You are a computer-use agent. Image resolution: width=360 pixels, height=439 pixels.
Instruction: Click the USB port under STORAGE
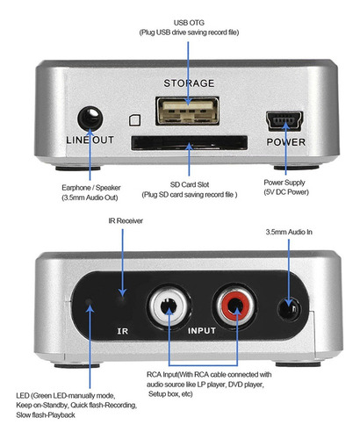(187, 111)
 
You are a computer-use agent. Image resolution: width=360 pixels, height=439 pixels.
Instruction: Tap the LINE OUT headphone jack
(90, 119)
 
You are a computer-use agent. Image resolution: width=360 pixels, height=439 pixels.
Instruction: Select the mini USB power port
(284, 120)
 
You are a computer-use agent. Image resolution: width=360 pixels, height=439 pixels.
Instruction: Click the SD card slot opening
(190, 143)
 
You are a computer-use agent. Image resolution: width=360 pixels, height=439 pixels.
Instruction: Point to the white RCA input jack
(169, 306)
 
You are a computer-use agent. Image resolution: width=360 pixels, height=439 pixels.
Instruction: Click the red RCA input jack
(235, 306)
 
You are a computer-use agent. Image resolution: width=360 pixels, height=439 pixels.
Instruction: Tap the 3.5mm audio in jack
(289, 309)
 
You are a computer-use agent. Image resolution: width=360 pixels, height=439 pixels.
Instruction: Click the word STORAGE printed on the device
(189, 83)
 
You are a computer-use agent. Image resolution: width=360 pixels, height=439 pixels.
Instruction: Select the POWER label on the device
(286, 142)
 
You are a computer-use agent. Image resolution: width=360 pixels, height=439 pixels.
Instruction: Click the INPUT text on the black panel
(202, 331)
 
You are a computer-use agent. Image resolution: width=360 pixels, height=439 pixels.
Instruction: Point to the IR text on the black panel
(123, 331)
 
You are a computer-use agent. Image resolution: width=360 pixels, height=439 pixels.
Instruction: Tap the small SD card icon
(135, 120)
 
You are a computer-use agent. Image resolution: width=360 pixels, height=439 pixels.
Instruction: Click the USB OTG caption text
(189, 23)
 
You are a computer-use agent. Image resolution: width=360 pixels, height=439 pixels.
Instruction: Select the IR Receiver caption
(126, 220)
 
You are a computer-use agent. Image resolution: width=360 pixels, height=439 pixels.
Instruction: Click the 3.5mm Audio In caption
(289, 232)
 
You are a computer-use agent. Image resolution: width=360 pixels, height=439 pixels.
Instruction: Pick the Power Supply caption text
(284, 183)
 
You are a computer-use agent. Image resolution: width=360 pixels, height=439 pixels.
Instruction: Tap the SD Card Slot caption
(190, 184)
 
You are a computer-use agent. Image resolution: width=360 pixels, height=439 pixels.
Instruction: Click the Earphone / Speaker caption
(91, 188)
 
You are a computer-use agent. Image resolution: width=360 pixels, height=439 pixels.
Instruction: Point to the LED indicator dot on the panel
(88, 301)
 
